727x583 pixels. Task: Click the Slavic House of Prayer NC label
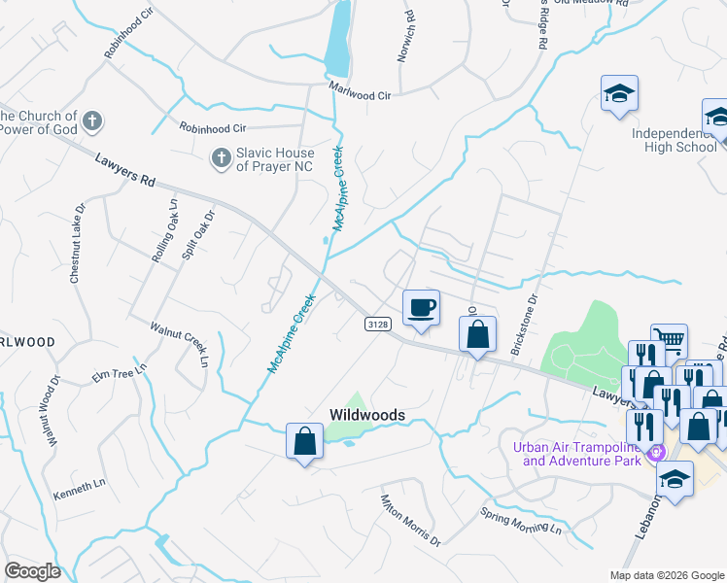pyautogui.click(x=276, y=159)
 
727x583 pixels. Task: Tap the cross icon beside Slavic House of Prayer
pyautogui.click(x=221, y=156)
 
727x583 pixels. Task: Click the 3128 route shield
pyautogui.click(x=379, y=324)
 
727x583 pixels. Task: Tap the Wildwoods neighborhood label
pyautogui.click(x=367, y=415)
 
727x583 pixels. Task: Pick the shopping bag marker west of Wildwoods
pyautogui.click(x=304, y=441)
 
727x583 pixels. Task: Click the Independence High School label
pyautogui.click(x=674, y=140)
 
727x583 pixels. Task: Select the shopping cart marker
pyautogui.click(x=669, y=341)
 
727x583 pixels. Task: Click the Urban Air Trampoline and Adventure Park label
pyautogui.click(x=576, y=454)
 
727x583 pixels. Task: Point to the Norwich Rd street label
pyautogui.click(x=406, y=37)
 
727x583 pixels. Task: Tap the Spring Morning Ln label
pyautogui.click(x=521, y=520)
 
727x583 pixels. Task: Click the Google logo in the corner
pyautogui.click(x=33, y=571)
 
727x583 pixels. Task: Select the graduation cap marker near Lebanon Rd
pyautogui.click(x=675, y=478)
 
